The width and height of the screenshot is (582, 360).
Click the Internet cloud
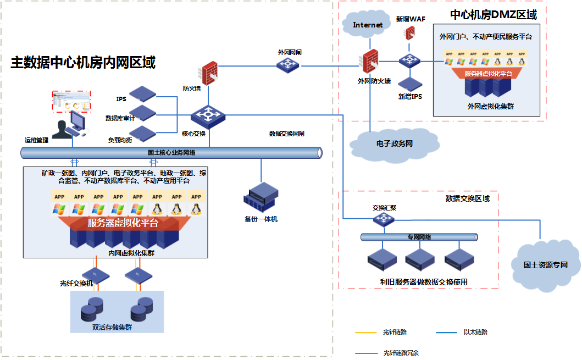[x=368, y=25]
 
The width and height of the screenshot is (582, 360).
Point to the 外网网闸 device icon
[x=289, y=65]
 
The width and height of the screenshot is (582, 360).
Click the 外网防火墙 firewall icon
[x=372, y=63]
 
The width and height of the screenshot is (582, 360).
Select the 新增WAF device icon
[x=409, y=33]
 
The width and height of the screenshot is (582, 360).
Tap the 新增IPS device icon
[x=410, y=84]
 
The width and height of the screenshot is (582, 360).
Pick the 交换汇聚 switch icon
[x=381, y=219]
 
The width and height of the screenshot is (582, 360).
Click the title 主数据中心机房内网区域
[x=83, y=63]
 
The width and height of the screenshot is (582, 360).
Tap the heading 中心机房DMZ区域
[x=493, y=15]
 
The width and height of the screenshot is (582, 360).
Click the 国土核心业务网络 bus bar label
[x=171, y=153]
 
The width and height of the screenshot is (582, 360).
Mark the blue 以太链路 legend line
[x=447, y=332]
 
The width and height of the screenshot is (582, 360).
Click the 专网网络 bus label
[x=419, y=237]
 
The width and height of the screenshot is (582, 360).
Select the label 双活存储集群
[x=112, y=328]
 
